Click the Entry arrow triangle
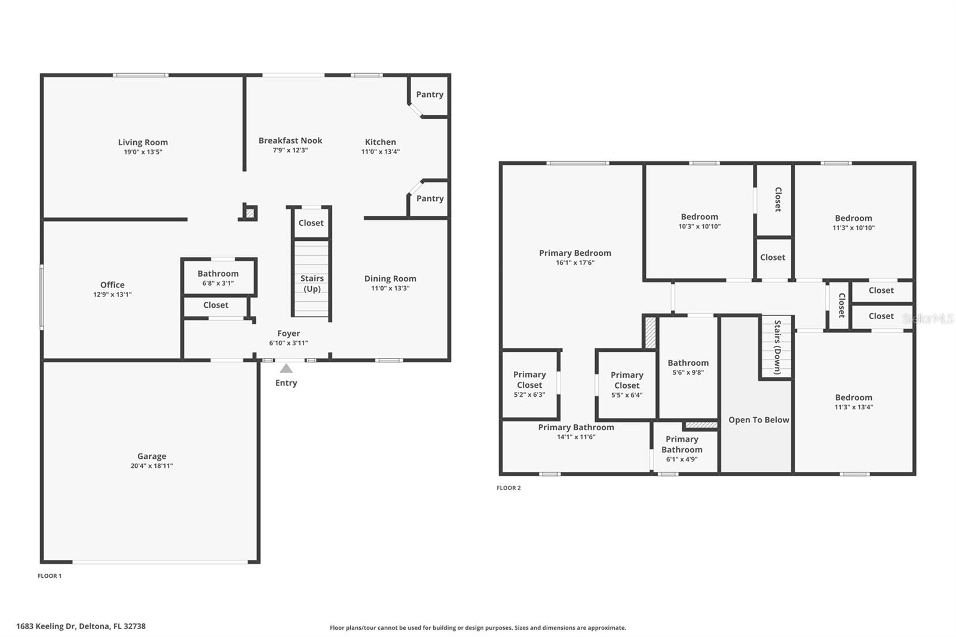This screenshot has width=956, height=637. (x=286, y=369)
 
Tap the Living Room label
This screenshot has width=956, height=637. (x=143, y=142)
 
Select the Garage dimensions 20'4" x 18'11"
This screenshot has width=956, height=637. (x=152, y=466)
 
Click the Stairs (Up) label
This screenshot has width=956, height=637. (x=312, y=283)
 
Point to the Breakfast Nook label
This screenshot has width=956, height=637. (x=290, y=140)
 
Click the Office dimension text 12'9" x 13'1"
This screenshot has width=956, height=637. (x=112, y=295)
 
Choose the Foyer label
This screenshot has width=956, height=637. (x=289, y=333)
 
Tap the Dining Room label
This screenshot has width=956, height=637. (x=390, y=278)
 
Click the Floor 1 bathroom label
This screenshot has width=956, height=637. (x=218, y=274)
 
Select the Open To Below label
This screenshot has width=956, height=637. (x=759, y=420)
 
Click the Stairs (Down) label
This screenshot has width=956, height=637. (x=777, y=347)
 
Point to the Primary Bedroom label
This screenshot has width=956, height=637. (x=575, y=253)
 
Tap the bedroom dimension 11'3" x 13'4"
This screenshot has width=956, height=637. (x=854, y=408)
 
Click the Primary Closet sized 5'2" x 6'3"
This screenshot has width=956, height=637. (x=529, y=380)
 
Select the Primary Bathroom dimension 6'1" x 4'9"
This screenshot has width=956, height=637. (x=682, y=460)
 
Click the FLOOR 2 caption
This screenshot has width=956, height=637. (x=508, y=488)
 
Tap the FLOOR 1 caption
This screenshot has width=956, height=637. (x=50, y=576)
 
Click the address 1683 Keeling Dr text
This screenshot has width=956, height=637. (x=81, y=626)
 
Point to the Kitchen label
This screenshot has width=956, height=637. (x=381, y=142)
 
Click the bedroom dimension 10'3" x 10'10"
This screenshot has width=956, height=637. (x=699, y=226)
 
